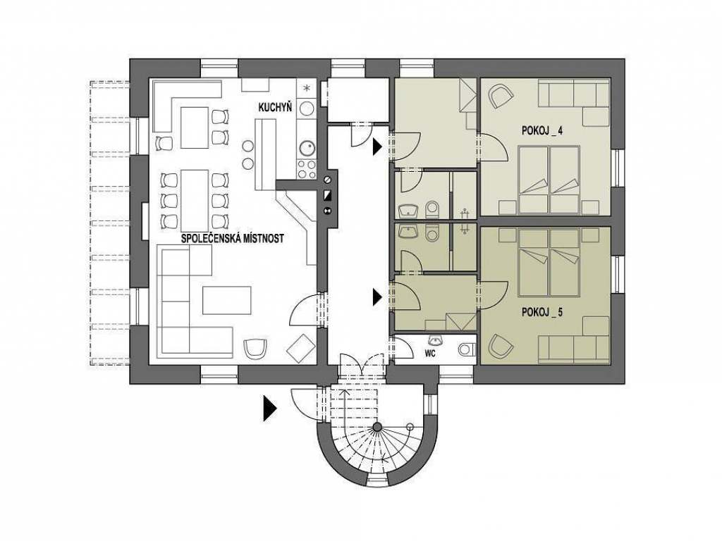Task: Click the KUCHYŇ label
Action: tap(275, 108)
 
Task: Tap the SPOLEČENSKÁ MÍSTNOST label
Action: tap(233, 239)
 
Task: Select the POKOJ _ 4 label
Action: tap(542, 131)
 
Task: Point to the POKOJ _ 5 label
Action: tap(542, 313)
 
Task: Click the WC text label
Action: tap(430, 354)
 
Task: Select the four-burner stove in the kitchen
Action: tap(307, 168)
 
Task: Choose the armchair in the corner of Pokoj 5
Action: tap(501, 345)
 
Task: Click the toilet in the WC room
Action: tap(467, 349)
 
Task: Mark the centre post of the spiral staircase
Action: tap(378, 427)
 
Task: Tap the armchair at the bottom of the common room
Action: tap(255, 348)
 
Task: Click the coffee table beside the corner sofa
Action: tap(227, 300)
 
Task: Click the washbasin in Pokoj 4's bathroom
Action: tap(408, 211)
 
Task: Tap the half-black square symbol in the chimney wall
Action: tap(328, 194)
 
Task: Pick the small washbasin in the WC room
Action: tap(434, 340)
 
